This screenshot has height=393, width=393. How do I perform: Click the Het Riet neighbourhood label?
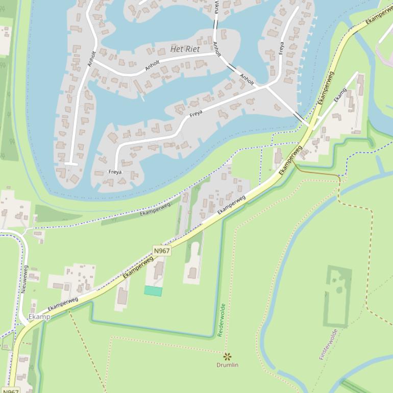[185, 49]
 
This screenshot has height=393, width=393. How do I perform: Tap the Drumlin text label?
[227, 365]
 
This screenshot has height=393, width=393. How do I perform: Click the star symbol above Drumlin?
[227, 356]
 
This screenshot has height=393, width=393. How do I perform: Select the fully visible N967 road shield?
[161, 251]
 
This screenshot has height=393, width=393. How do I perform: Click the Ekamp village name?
[39, 317]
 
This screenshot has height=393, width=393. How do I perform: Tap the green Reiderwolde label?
[221, 320]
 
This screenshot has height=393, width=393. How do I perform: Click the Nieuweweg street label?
[23, 279]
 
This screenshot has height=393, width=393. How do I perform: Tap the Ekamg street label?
[339, 94]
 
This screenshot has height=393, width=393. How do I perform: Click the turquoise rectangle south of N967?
[153, 291]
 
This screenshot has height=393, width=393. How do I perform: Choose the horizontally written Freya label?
[115, 172]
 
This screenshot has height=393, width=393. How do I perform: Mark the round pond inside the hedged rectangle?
[339, 290]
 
